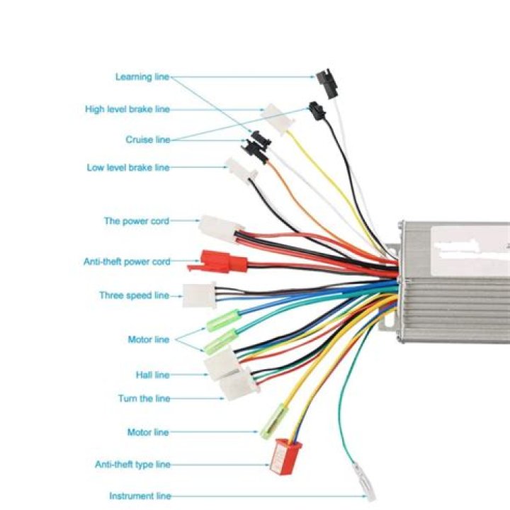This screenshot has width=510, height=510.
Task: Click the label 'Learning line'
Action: (x=142, y=77)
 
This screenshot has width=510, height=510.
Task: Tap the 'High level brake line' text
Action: (x=127, y=110)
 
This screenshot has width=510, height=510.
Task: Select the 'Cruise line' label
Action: (x=148, y=140)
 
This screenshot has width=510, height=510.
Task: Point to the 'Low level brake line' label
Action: (x=128, y=168)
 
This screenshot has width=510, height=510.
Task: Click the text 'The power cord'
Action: (x=137, y=221)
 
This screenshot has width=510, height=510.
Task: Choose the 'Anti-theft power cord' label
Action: (x=127, y=262)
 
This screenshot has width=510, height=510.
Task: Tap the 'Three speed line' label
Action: (x=134, y=295)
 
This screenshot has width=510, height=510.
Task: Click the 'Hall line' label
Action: (x=153, y=375)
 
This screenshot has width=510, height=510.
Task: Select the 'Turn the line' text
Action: (x=144, y=399)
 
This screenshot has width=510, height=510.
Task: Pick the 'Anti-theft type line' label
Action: (x=133, y=465)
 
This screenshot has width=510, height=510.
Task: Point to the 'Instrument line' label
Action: (x=140, y=497)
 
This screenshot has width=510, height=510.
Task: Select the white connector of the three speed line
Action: (x=199, y=295)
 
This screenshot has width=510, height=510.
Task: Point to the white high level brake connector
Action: (x=277, y=118)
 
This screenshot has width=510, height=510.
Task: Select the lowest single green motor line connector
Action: (x=273, y=421)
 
